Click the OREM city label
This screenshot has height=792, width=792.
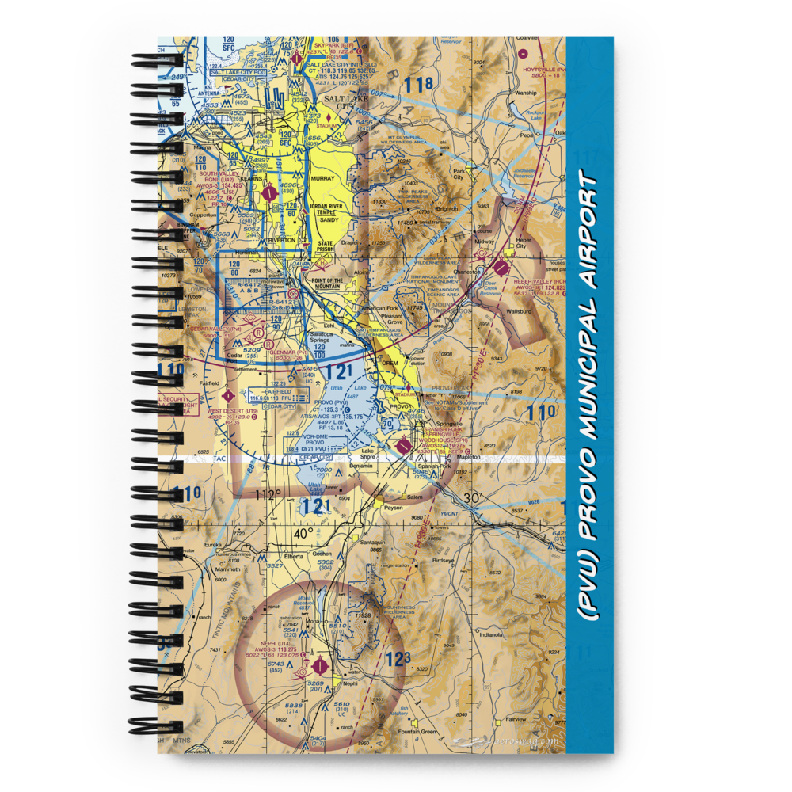coord(390,362)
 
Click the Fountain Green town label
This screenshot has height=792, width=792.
coord(417,731)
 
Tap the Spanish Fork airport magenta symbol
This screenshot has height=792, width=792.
coord(405,447)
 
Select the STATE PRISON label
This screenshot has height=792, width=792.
coord(326,247)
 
